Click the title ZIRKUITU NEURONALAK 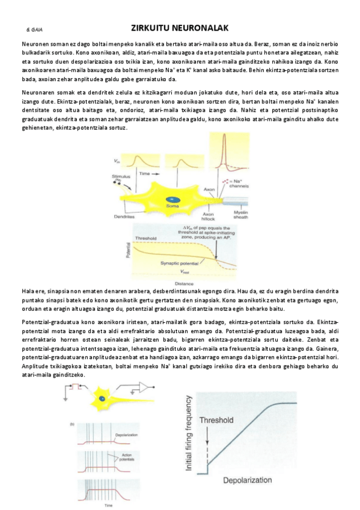(x=179, y=28)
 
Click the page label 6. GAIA (x=34, y=29)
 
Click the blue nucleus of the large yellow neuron (x=172, y=197)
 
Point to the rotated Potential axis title (x=127, y=251)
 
